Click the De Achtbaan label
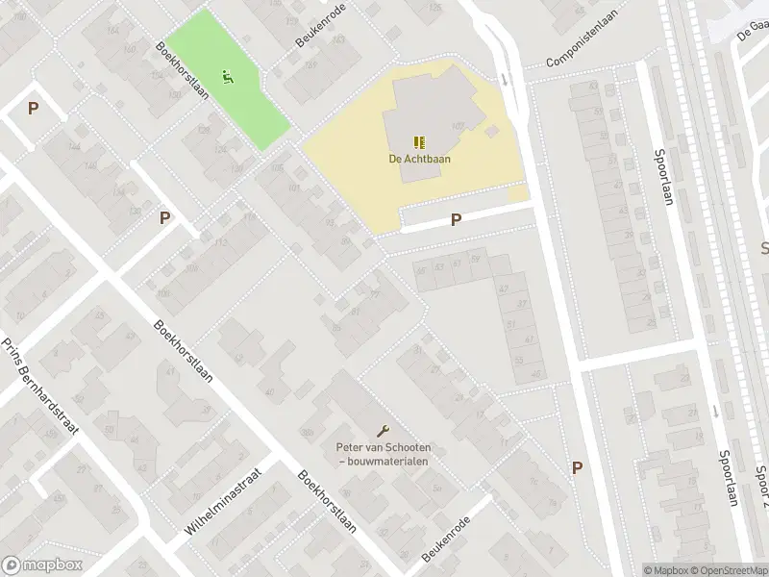coord(420,160)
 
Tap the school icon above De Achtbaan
coord(419,142)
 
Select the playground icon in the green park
coord(228,77)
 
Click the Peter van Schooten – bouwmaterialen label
coord(384,454)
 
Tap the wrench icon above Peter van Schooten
coord(384,431)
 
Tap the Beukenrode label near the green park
coord(319,37)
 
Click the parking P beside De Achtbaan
coord(456,219)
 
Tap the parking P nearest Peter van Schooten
coord(577,467)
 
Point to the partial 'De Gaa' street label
coord(753,33)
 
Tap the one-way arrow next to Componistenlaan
coord(505,79)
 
